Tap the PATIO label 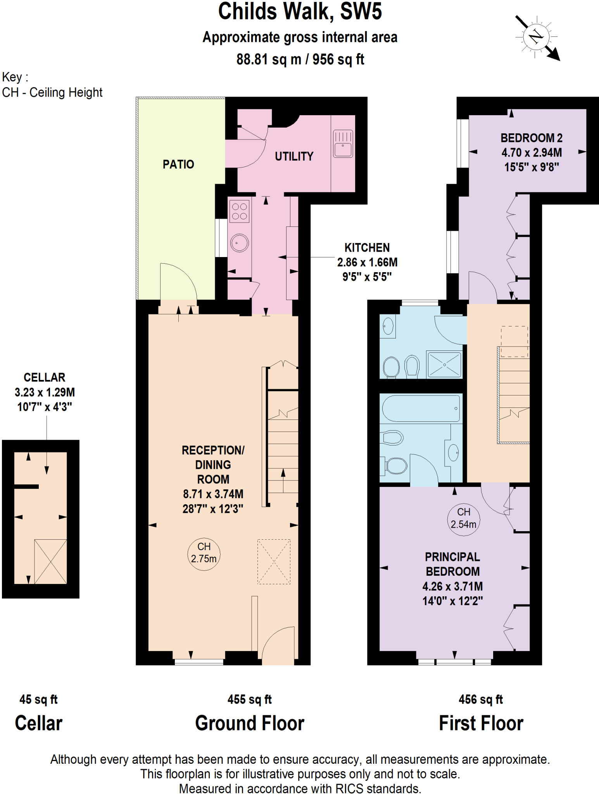coord(178,164)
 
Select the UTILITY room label coord(294,156)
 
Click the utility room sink coord(343,144)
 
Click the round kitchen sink coord(239,243)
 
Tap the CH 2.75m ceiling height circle coord(204,553)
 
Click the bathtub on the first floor coord(421,408)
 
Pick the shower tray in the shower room coord(444,364)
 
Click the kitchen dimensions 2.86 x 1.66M coord(367,262)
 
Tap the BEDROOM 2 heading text coord(531,138)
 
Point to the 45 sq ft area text coord(38,700)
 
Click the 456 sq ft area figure coord(480,700)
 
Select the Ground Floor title coord(250,723)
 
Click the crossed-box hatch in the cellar coord(50,561)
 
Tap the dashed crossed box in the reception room coord(274,561)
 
